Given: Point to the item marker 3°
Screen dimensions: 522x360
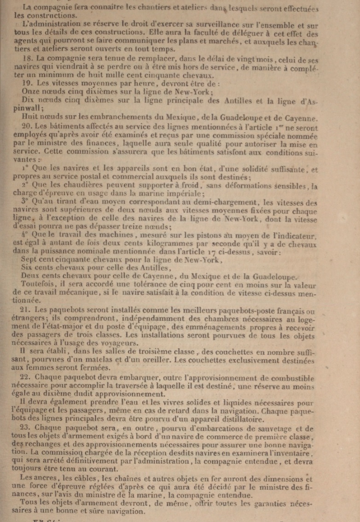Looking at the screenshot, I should coord(25,201).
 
